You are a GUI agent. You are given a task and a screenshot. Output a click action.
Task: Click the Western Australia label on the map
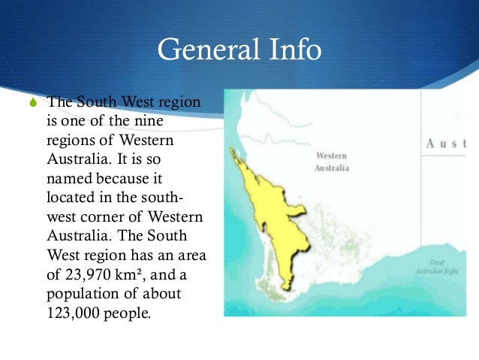331,162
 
